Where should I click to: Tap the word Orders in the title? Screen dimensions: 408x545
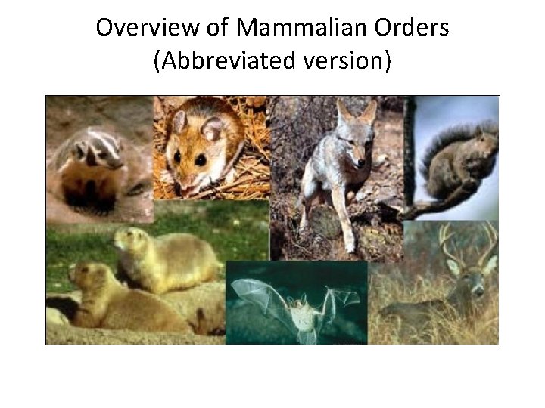416,29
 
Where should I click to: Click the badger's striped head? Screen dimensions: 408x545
95,151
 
